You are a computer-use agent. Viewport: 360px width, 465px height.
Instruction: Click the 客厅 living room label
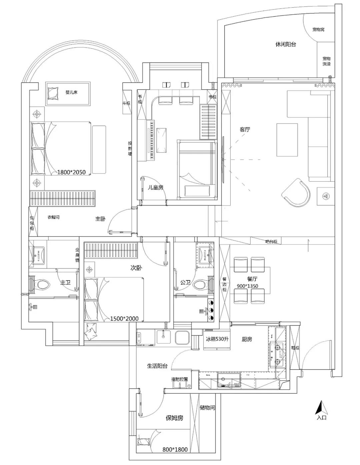[x=245, y=130]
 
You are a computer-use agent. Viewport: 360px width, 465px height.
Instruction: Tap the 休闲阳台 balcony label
[x=286, y=44]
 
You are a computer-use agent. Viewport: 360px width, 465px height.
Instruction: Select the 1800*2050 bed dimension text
[x=71, y=172]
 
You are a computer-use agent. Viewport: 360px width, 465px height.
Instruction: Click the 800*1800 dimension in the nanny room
[x=175, y=449]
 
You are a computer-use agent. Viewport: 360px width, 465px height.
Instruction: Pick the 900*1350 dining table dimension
[x=247, y=286]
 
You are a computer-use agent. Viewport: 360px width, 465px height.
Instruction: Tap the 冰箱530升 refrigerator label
[x=217, y=339]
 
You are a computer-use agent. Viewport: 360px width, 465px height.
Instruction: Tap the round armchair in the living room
[x=296, y=193]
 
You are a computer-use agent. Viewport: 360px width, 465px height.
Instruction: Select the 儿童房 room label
[x=156, y=188]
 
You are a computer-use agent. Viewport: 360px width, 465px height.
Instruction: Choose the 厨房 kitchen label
[x=247, y=339]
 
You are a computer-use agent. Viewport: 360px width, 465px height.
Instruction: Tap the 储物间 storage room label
[x=207, y=407]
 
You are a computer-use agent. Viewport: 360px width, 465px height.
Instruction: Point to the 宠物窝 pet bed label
[x=318, y=30]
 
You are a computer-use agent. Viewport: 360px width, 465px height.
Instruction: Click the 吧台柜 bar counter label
[x=271, y=241]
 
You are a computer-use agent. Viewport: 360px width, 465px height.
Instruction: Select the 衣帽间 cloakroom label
[x=53, y=217]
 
